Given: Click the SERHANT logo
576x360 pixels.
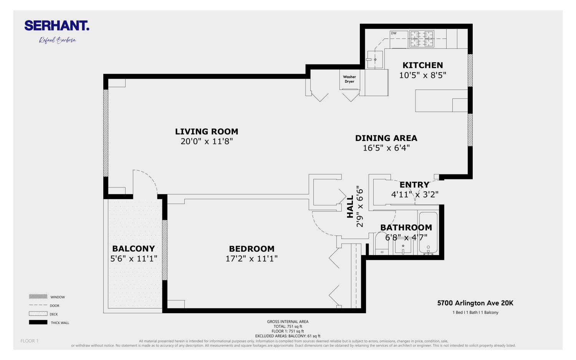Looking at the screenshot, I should (x=57, y=26).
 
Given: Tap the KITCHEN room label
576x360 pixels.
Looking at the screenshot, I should (x=422, y=65).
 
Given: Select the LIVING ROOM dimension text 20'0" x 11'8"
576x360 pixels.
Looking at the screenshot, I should (x=207, y=141).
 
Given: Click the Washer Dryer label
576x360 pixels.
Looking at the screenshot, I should (x=349, y=79).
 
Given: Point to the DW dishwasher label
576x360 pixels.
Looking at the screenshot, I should (x=394, y=33).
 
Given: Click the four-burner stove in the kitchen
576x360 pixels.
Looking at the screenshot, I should (x=422, y=39).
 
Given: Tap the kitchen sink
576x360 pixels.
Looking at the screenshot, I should (x=375, y=60).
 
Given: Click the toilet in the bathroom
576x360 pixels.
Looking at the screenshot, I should (x=382, y=244).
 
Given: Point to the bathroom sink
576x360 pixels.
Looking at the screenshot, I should (x=403, y=246).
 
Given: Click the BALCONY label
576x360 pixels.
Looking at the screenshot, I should (x=133, y=249).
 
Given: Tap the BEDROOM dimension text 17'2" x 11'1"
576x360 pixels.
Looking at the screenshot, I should (x=252, y=259).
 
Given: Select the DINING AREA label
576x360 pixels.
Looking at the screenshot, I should (x=386, y=138).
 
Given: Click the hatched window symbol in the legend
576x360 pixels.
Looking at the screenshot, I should (x=38, y=297).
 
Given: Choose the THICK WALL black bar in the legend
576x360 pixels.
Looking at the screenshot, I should (x=38, y=322).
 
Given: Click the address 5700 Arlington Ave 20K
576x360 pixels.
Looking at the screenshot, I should (x=475, y=303).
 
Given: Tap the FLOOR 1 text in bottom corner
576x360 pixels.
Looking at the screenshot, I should (x=30, y=341).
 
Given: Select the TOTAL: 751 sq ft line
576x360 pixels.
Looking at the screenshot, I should (x=288, y=327).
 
